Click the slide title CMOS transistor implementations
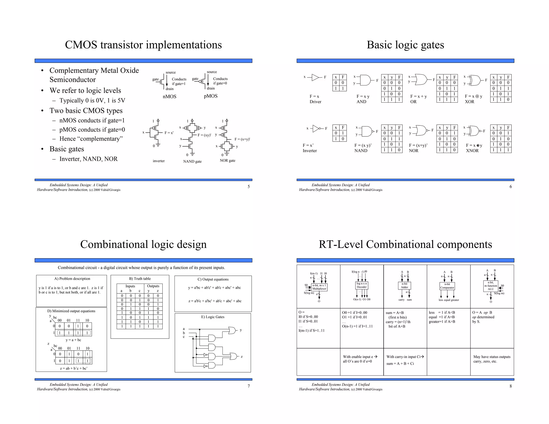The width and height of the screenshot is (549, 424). [x=143, y=45]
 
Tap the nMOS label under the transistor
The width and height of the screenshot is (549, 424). [x=169, y=96]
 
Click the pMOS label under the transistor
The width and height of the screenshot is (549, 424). [x=210, y=96]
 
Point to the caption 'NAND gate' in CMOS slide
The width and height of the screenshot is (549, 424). [x=192, y=161]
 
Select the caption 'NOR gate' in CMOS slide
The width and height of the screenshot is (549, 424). [x=227, y=161]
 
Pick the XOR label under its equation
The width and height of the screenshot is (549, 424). [x=469, y=102]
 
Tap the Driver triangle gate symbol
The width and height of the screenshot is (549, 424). [x=315, y=77]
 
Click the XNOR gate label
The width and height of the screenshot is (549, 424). [x=472, y=151]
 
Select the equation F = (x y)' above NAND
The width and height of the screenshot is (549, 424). [x=363, y=145]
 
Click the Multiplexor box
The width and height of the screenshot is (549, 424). [x=319, y=287]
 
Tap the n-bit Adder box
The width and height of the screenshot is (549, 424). [x=404, y=286]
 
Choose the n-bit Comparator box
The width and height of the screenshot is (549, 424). [x=447, y=286]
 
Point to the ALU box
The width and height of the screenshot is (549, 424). [x=491, y=286]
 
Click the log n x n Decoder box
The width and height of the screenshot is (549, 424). [x=362, y=285]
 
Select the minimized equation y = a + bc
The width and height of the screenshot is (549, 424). [x=73, y=340]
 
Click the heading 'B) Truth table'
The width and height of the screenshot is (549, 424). [x=140, y=279]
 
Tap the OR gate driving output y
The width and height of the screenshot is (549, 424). [x=232, y=330]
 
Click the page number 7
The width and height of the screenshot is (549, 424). [x=248, y=386]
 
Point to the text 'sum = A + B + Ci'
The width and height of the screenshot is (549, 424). [x=400, y=364]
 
